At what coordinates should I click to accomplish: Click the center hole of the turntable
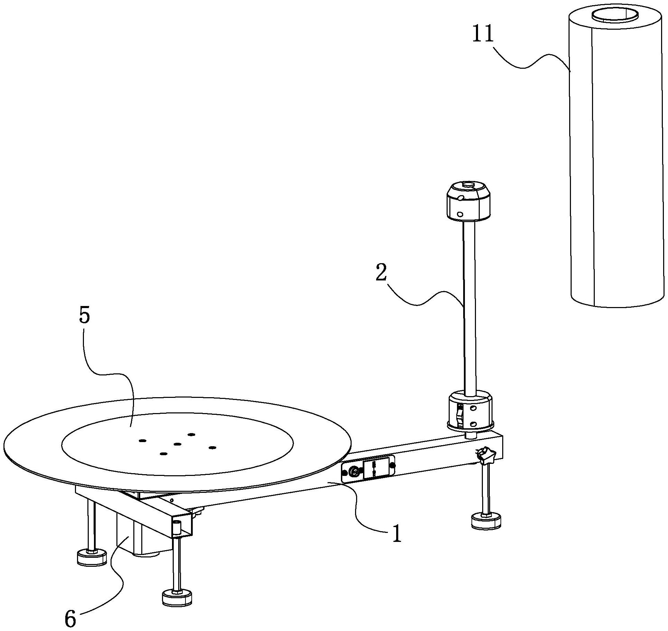tap(178, 444)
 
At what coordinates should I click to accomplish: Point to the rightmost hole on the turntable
tap(212, 448)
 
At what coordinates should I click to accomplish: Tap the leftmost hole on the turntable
tap(142, 441)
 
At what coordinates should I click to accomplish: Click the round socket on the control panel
tap(354, 471)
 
